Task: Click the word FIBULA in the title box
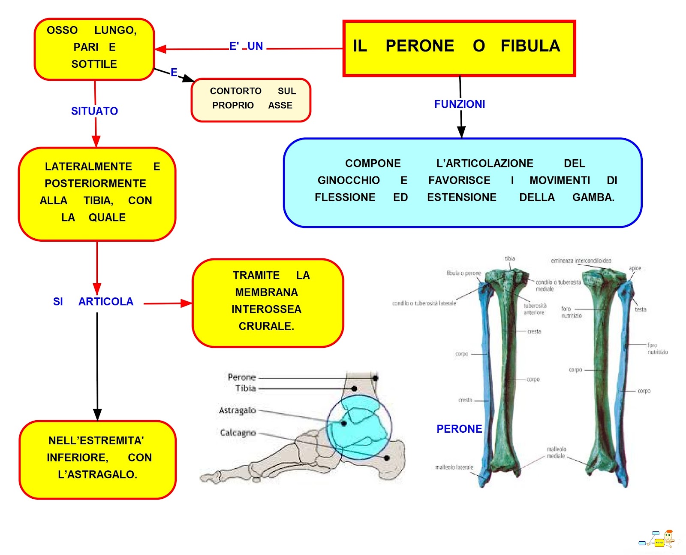(530, 46)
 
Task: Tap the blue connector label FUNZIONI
(460, 104)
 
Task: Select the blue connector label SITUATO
(94, 111)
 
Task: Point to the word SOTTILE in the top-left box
(94, 64)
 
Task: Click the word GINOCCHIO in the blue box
(349, 181)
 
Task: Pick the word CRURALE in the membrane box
(266, 327)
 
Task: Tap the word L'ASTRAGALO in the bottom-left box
(98, 475)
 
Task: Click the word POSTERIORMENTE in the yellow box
(95, 184)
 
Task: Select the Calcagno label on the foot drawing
(238, 433)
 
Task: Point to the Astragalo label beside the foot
(237, 411)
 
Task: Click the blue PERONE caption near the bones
(459, 429)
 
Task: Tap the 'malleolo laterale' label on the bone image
(454, 467)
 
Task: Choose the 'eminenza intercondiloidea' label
(581, 261)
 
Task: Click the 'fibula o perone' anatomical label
(463, 273)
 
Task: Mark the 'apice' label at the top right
(635, 268)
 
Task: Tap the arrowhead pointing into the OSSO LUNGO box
(159, 49)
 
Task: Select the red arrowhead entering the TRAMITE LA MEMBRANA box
(187, 303)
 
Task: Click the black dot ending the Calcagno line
(386, 458)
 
